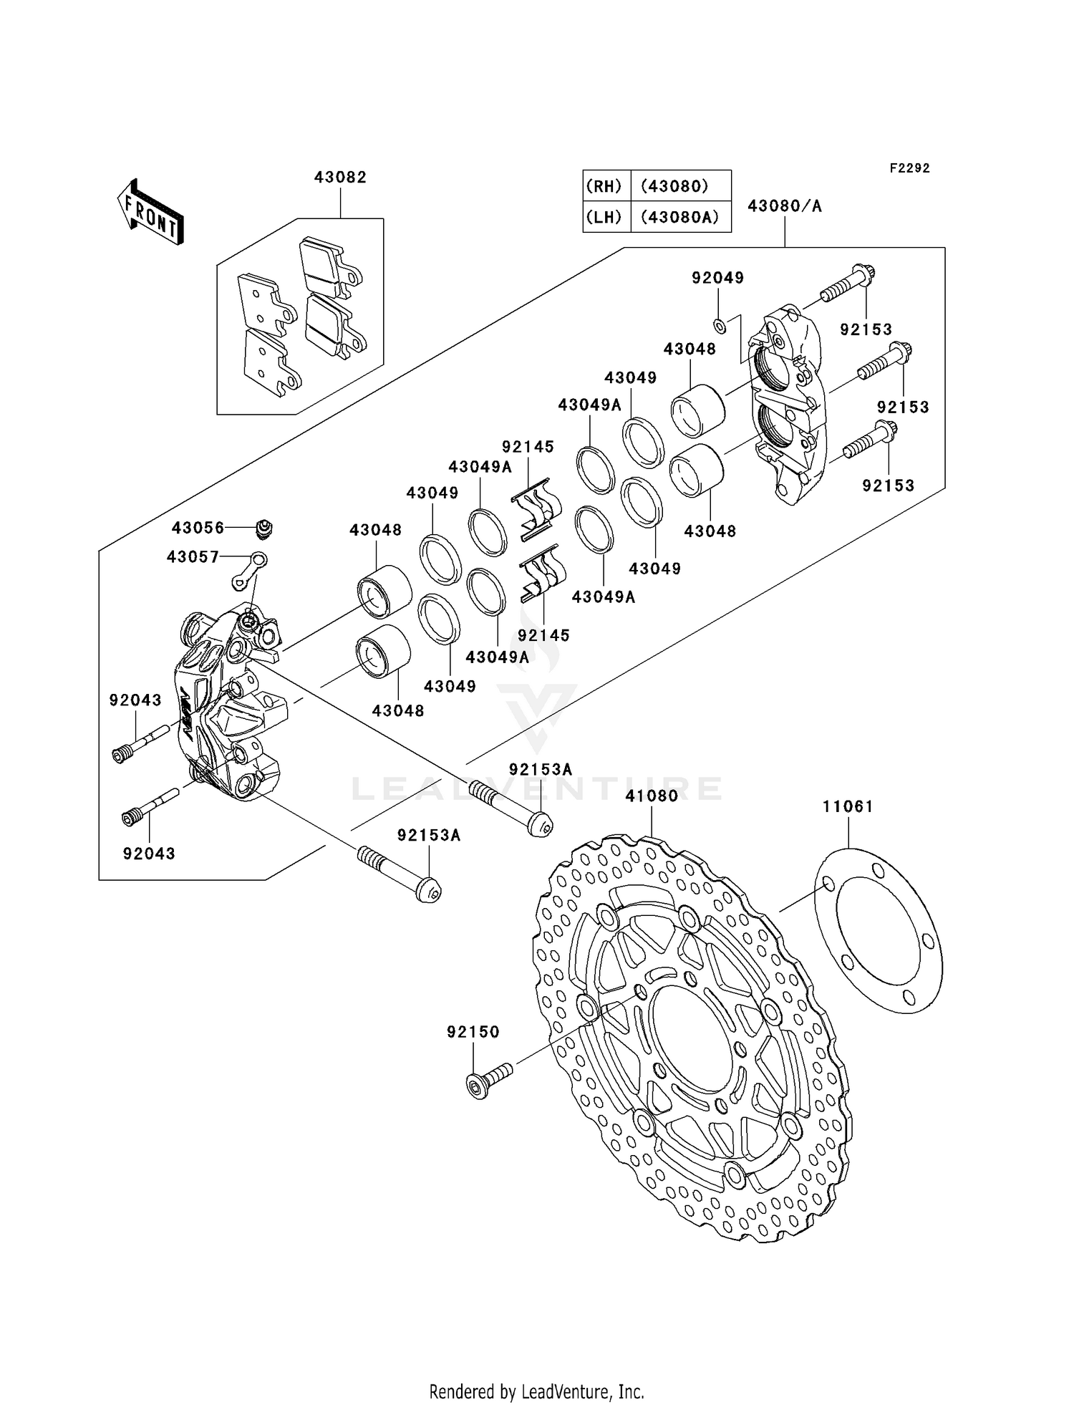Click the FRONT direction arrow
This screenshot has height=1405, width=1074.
tap(150, 213)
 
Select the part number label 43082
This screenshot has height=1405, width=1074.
tap(340, 178)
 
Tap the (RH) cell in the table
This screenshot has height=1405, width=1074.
tap(604, 186)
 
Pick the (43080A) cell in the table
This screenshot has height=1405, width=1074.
tap(679, 217)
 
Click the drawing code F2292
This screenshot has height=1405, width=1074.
tap(909, 168)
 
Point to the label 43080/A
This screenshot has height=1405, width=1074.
tap(784, 206)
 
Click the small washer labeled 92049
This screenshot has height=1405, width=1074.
tap(720, 327)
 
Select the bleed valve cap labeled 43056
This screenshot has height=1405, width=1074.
tap(264, 529)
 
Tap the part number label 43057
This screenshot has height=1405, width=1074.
tap(193, 556)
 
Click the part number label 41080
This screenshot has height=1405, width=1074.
tap(651, 796)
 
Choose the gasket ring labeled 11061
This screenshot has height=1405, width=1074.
tap(879, 929)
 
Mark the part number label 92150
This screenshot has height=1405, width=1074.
tap(473, 1032)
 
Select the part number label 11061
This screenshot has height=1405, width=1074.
tap(848, 806)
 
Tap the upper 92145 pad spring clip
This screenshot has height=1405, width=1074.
tap(538, 508)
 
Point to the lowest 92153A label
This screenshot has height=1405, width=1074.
tap(429, 835)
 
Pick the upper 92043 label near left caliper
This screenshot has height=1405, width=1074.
tap(135, 700)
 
